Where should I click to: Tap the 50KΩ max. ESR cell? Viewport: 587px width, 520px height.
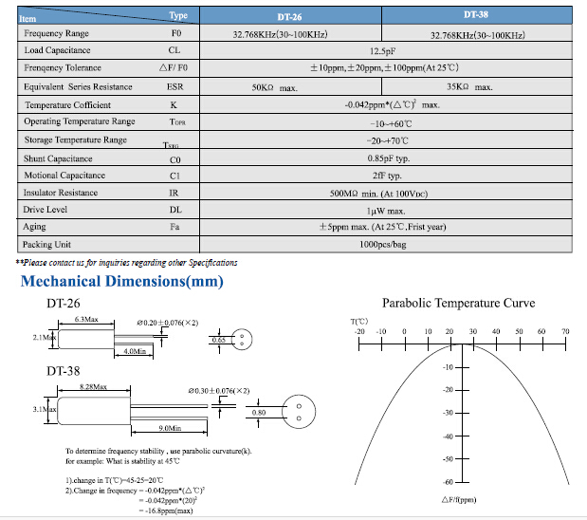(x=275, y=87)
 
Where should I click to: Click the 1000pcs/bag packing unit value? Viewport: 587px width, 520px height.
(x=383, y=245)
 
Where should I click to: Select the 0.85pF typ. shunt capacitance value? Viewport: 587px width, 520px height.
(x=383, y=158)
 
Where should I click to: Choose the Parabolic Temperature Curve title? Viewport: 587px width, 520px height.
(x=458, y=304)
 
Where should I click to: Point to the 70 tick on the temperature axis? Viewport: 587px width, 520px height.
(x=565, y=331)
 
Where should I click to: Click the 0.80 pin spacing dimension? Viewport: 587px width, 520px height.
(x=258, y=413)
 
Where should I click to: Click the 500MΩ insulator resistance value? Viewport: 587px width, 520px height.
(x=383, y=193)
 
